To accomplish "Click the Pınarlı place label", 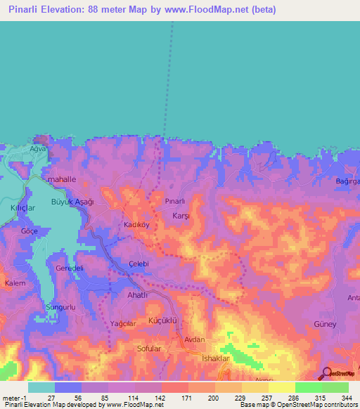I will pyautogui.click(x=174, y=201).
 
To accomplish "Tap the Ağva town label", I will pyautogui.click(x=37, y=149).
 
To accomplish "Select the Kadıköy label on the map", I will pyautogui.click(x=137, y=226).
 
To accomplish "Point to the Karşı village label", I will pyautogui.click(x=181, y=216).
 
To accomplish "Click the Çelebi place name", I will pyautogui.click(x=141, y=263).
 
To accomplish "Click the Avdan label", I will pyautogui.click(x=194, y=339).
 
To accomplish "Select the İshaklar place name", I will pyautogui.click(x=216, y=358).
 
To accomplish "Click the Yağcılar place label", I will pyautogui.click(x=122, y=323).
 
